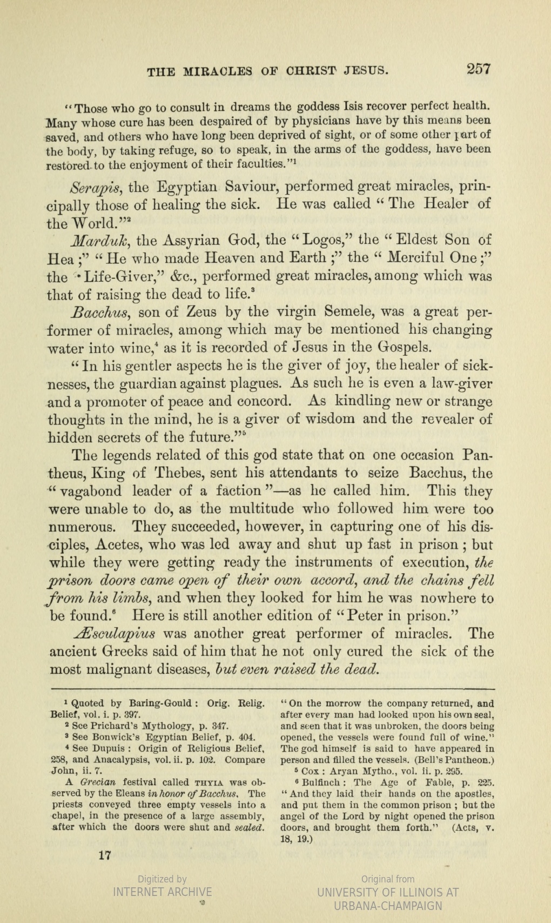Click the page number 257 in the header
click(479, 69)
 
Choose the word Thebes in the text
click(179, 474)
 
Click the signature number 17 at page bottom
click(105, 855)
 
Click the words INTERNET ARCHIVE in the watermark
click(162, 892)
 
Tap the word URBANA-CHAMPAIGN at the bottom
click(388, 906)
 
